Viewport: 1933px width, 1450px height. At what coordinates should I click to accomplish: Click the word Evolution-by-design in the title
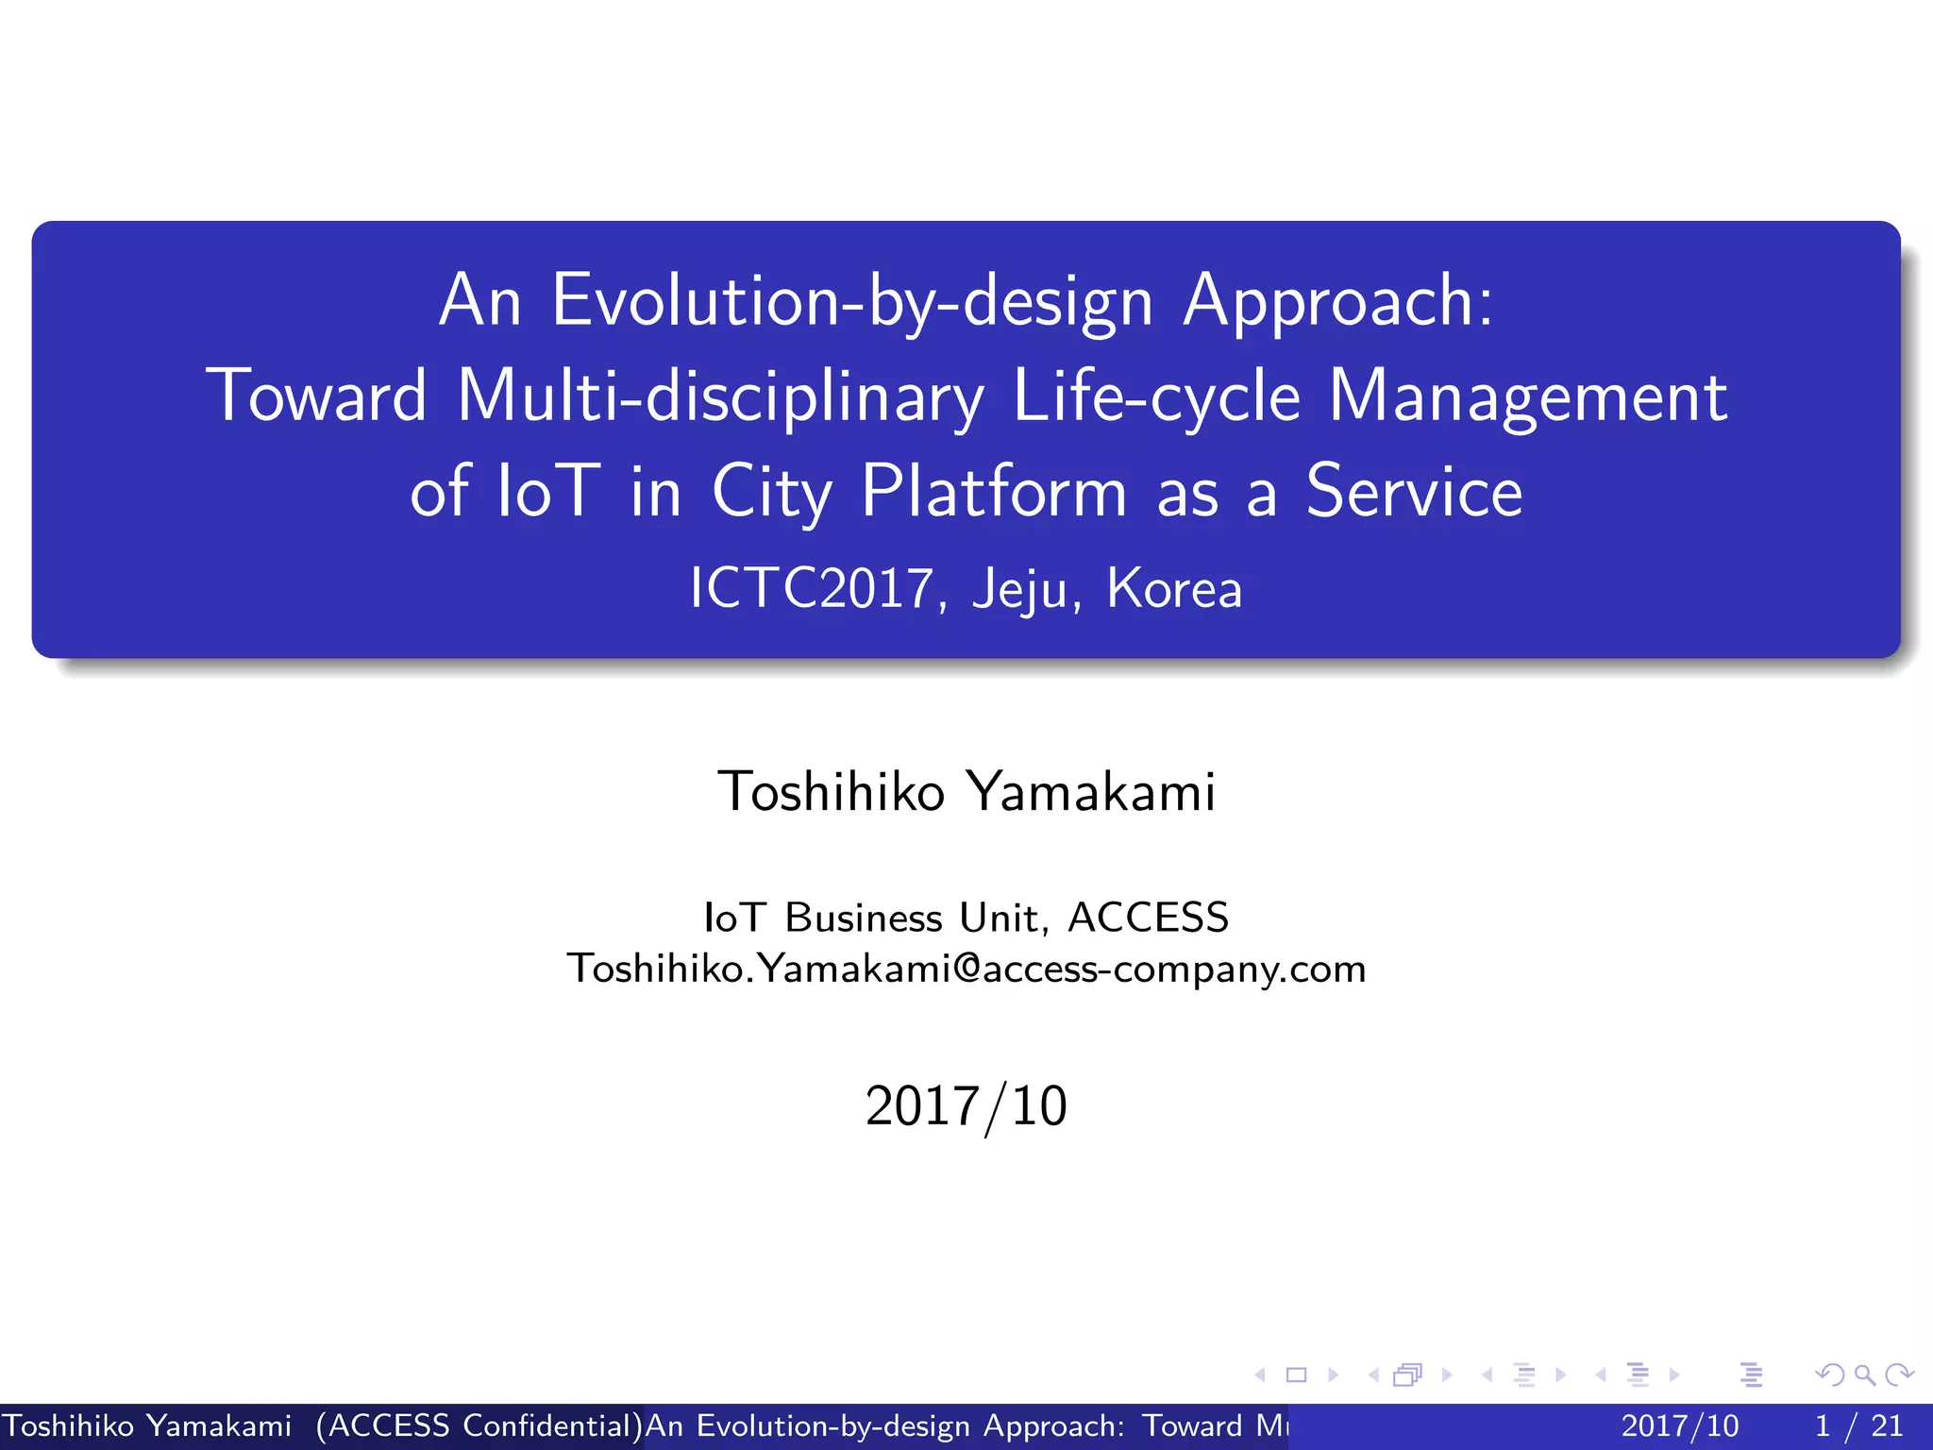851,302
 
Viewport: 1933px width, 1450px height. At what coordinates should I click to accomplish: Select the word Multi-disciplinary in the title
720,397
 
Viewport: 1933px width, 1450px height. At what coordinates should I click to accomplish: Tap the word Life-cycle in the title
1156,397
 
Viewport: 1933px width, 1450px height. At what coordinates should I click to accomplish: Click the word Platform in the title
994,492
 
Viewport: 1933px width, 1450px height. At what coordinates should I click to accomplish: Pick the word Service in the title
1414,492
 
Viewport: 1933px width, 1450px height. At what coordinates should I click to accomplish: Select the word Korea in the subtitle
1174,588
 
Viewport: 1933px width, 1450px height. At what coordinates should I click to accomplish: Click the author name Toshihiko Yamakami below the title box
966,791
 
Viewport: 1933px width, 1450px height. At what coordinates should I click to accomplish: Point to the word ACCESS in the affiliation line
1148,918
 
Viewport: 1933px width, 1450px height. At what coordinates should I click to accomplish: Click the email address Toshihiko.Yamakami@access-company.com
966,969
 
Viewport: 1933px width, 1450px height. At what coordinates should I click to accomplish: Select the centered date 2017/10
966,1106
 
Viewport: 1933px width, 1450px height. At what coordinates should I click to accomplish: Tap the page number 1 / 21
1858,1425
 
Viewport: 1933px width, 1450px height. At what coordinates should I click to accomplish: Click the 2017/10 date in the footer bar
1679,1425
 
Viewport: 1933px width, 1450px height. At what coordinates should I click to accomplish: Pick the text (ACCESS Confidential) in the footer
479,1425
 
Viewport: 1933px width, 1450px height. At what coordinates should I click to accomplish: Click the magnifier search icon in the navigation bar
1864,1374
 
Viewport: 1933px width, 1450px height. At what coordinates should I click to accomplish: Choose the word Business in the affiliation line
864,918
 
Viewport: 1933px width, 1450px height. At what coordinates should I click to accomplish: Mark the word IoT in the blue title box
547,492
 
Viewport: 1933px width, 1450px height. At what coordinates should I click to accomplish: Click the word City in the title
771,494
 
